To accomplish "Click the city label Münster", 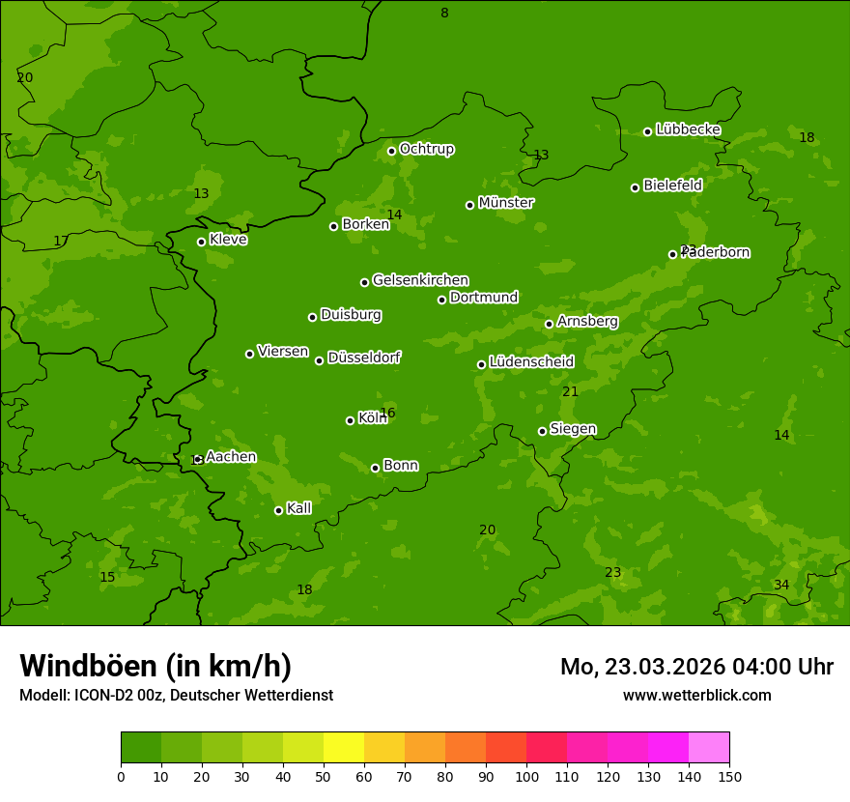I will (506, 203).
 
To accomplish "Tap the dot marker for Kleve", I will (201, 242).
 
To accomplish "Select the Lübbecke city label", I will (688, 129).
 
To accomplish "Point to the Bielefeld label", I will (672, 186).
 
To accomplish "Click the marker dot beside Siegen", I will (542, 431).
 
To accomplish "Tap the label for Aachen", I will (231, 457).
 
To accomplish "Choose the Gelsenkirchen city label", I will (420, 280).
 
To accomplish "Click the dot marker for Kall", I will (278, 510).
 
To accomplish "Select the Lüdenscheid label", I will (531, 362).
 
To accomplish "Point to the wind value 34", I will (781, 585).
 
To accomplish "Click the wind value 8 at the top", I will (444, 13).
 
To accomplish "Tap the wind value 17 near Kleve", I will (61, 241).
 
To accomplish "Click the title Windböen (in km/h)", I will (156, 666).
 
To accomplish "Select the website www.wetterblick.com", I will (696, 695).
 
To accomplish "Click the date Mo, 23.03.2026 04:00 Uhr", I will (696, 667).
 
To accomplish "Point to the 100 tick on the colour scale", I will (526, 776).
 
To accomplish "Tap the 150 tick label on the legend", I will (729, 776).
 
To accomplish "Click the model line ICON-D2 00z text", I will (176, 695).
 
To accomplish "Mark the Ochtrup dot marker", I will (391, 151).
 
